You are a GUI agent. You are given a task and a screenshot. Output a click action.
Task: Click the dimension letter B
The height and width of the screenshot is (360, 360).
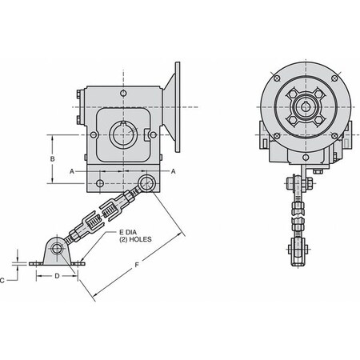click(x=52, y=160)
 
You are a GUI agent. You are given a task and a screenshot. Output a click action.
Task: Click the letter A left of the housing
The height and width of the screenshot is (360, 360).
click(x=71, y=171)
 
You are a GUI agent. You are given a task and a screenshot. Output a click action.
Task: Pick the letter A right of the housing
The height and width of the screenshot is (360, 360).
click(x=174, y=171)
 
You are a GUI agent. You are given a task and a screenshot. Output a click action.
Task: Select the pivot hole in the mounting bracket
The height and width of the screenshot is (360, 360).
click(x=58, y=250)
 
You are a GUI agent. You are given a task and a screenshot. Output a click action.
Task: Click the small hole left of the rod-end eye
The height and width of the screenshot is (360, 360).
click(x=99, y=184)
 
